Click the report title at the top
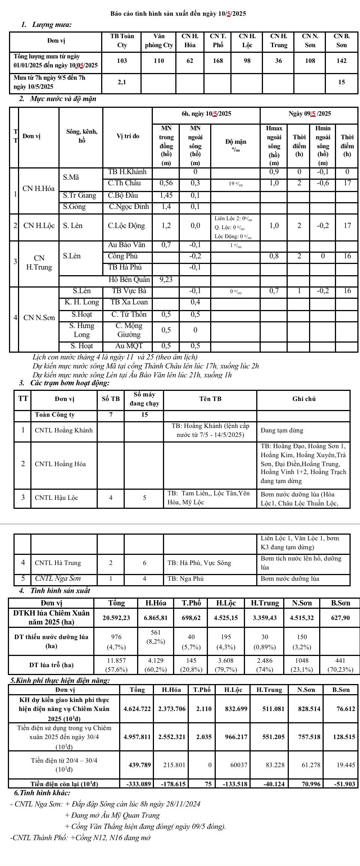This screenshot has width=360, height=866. click(178, 14)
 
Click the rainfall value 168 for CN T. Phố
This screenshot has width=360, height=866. click(218, 61)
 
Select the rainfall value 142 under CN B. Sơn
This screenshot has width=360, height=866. click(341, 61)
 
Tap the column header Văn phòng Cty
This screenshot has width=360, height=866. click(159, 41)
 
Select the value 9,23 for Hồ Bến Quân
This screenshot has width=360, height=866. click(166, 279)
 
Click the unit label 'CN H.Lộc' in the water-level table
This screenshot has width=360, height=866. click(39, 226)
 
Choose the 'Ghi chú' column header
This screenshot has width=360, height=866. click(304, 399)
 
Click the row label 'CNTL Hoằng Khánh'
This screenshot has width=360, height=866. click(63, 430)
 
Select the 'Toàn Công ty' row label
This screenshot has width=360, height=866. click(55, 414)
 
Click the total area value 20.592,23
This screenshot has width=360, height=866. click(116, 618)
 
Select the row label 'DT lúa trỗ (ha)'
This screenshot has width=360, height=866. click(51, 665)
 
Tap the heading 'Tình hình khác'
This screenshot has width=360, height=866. click(42, 793)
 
